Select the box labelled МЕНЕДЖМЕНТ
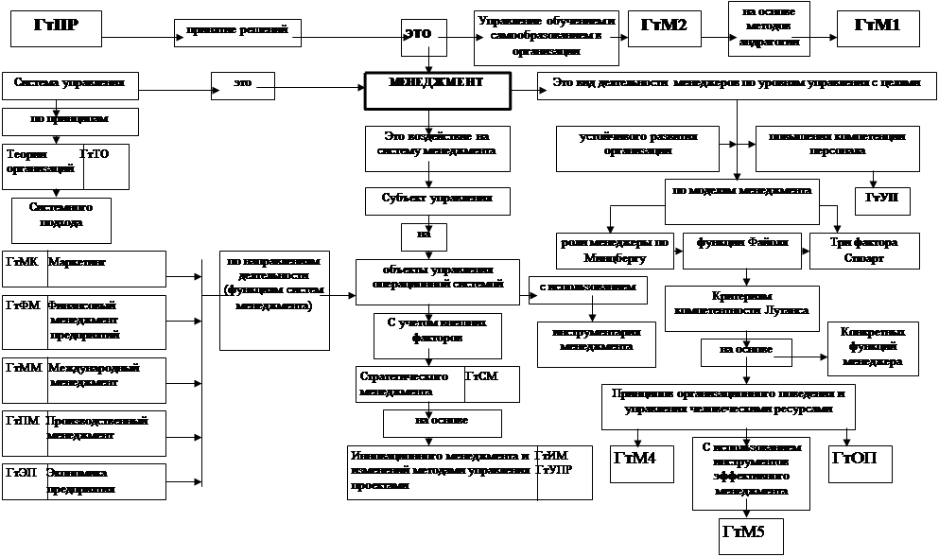coord(437,91)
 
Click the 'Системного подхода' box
coord(61,218)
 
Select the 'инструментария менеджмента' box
coord(597,340)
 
